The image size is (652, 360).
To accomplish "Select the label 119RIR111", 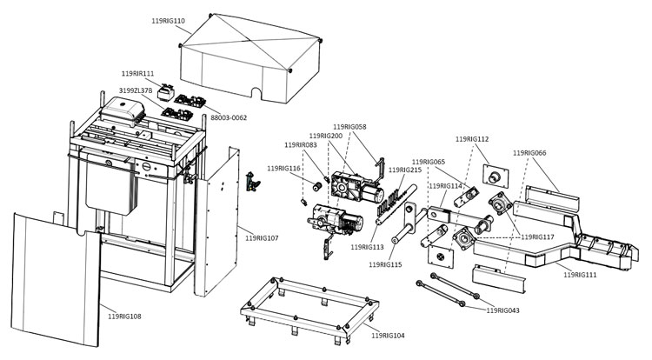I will pos(136,74).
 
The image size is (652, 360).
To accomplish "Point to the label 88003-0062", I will pos(229,117).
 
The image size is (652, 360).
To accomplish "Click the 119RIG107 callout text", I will pos(262,237).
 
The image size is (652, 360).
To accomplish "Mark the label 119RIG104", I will pos(388,335).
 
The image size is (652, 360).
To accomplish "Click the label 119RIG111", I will pos(580,275).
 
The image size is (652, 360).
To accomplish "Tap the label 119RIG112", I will pos(471,139).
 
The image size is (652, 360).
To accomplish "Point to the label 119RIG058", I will pos(349,127).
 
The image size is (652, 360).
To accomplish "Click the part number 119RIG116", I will pos(283,168).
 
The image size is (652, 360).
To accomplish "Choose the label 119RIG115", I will pos(385,264).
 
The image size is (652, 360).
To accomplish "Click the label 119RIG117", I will pos(536,237).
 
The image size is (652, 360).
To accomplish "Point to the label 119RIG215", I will pos(405,170).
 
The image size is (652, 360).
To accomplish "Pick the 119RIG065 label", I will pos(429,162).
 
